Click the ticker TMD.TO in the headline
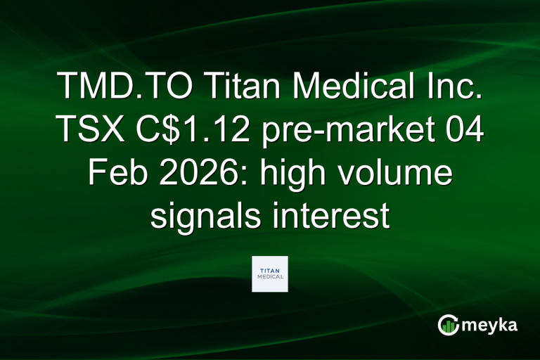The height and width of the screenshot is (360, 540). (126, 89)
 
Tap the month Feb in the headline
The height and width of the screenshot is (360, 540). (117, 173)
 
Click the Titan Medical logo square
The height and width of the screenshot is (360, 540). (269, 274)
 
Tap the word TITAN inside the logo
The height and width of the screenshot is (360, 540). (269, 270)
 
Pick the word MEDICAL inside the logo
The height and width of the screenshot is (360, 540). (269, 277)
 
